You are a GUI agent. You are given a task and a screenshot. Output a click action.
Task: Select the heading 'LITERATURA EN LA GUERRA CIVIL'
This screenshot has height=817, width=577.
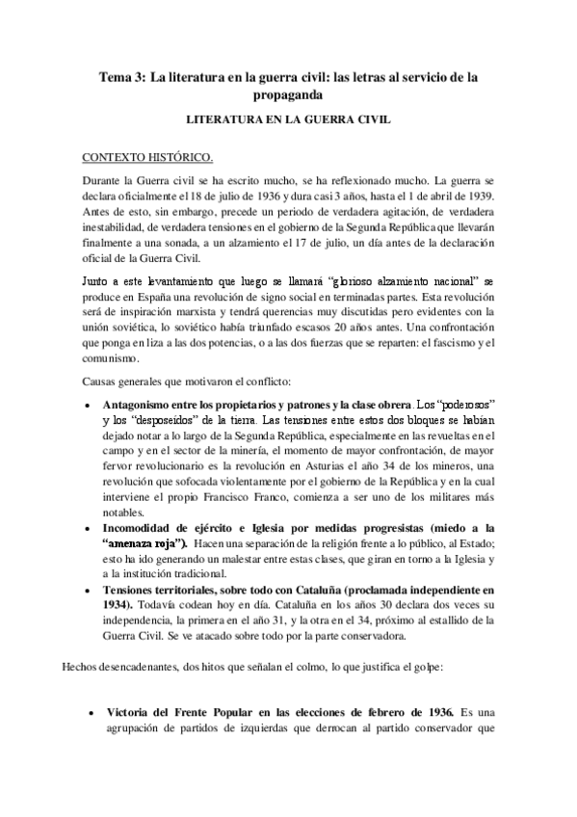coord(288,124)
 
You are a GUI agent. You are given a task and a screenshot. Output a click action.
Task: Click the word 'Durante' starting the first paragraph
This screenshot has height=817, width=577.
coord(105,179)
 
